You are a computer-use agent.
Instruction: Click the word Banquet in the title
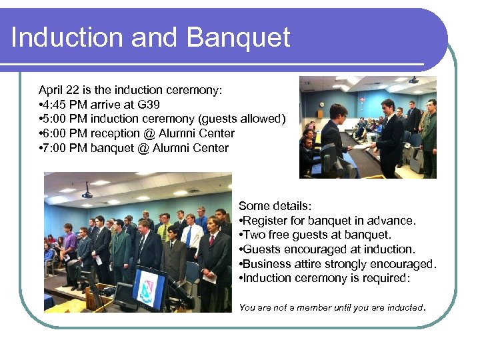click(238, 37)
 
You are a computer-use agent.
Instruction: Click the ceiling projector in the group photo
click(87, 195)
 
